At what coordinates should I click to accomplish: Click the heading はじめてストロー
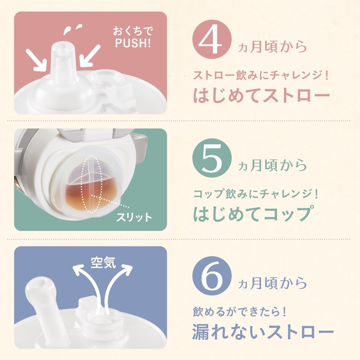pos(261,95)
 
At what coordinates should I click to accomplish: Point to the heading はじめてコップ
pos(252,213)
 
